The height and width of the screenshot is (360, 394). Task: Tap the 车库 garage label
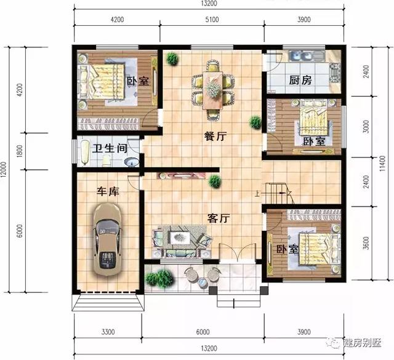click(x=108, y=191)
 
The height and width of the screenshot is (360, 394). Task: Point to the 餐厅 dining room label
click(x=215, y=137)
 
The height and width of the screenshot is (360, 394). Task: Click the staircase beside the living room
click(x=278, y=191)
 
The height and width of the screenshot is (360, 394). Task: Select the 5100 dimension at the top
click(x=211, y=20)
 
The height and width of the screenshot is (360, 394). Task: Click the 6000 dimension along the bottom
click(x=203, y=332)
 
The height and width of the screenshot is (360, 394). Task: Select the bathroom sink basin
click(x=131, y=162)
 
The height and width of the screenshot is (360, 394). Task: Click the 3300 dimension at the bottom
click(x=108, y=332)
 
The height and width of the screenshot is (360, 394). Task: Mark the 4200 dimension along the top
click(x=117, y=20)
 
